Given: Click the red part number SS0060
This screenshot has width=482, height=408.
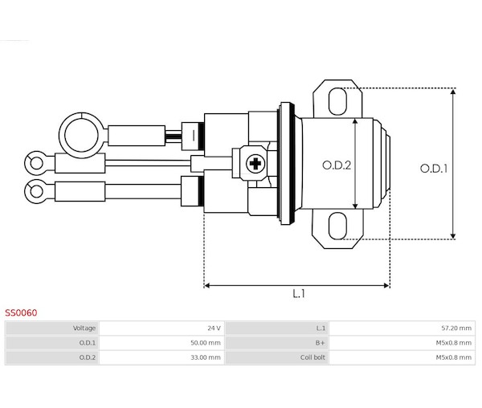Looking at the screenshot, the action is pos(21,312).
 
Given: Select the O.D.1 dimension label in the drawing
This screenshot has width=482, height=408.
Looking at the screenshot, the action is pos(434,169).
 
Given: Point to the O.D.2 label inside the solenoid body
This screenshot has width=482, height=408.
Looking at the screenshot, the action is pos(337,165).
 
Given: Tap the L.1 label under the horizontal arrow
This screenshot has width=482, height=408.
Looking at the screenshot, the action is pos(299,294).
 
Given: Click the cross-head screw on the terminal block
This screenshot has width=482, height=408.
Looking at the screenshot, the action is pos(255,164).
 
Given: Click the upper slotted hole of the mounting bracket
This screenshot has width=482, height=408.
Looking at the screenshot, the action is pos(337,101).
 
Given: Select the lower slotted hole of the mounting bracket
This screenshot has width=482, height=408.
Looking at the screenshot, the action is pos(337,226).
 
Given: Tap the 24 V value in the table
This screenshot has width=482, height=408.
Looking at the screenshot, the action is pos(214,328).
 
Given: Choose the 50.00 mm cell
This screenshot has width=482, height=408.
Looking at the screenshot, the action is pos(206,343).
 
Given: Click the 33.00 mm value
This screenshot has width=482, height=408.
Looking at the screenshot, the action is pos(206,357).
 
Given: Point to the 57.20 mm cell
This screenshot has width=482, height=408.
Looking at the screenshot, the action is pos(456,328).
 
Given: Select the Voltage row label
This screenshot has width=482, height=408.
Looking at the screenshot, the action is pos(84,328).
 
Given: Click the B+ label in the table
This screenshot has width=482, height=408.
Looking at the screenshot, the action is pos(320,343).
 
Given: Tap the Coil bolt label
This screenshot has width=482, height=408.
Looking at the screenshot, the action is pos(312,357).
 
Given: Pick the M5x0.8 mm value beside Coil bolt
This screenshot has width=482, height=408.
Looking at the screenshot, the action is pos(453,357).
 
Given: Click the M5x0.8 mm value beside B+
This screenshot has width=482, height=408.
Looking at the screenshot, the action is pos(453,343).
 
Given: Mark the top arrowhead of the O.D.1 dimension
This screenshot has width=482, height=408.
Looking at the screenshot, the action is pos(453,92).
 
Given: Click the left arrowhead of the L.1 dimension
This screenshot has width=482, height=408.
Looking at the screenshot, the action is pos(207,285).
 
